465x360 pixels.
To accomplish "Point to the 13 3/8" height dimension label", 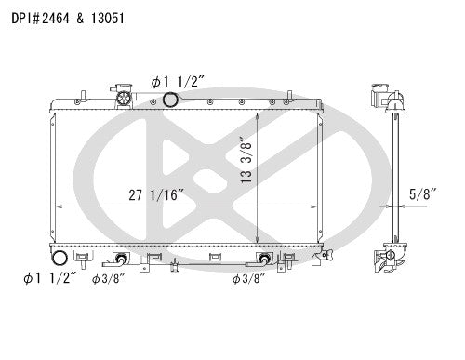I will click(245, 161).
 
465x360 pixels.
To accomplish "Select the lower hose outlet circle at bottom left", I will click(58, 259).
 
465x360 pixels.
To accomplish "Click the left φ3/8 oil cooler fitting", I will click(121, 259).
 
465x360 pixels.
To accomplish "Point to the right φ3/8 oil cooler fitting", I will click(265, 259).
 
